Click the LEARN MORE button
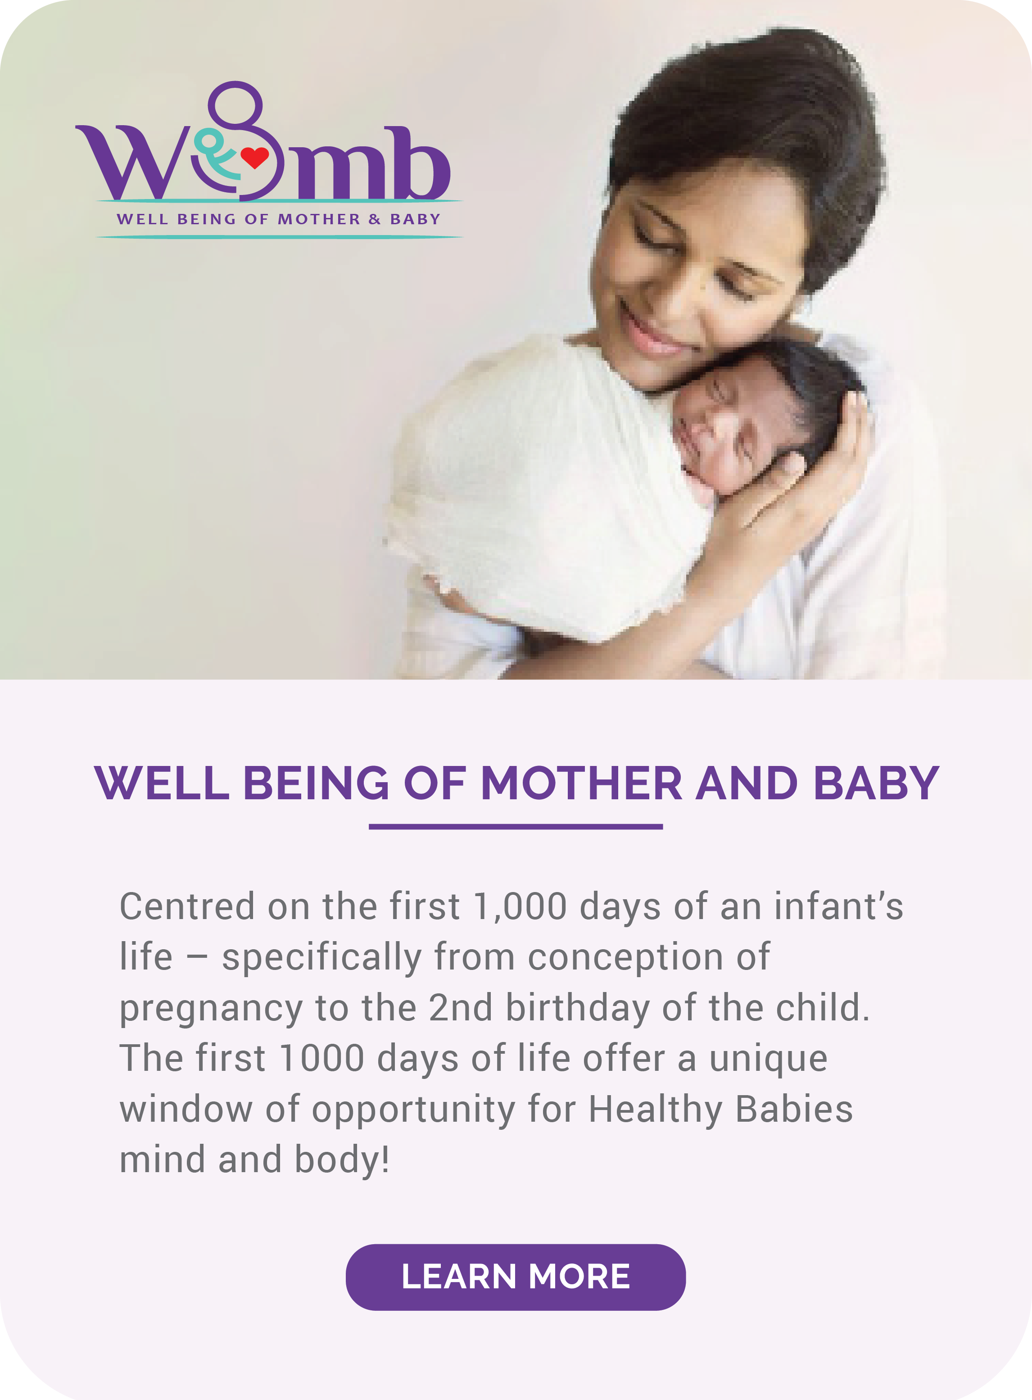tap(516, 1277)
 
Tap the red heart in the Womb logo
tap(254, 157)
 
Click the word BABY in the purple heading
tap(877, 784)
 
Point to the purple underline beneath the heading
tap(516, 826)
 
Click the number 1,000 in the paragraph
tap(520, 906)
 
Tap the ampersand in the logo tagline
tap(375, 219)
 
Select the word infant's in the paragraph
tap(839, 906)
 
